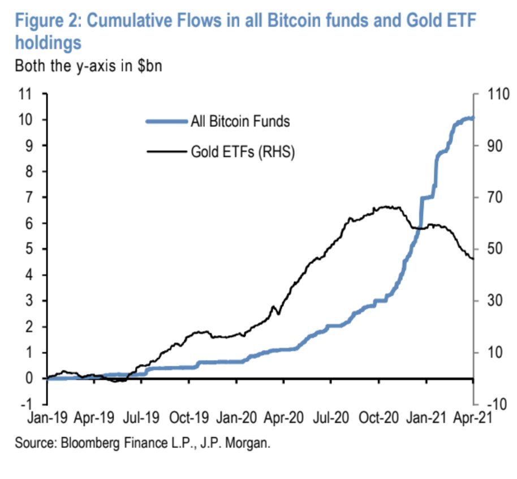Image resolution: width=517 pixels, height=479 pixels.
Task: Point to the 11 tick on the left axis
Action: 26,94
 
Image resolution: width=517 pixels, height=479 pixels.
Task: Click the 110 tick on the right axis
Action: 496,94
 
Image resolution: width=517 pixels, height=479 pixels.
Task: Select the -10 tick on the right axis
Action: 494,405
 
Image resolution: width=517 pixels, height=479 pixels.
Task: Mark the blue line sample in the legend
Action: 165,121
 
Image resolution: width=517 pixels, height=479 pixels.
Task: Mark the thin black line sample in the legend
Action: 165,152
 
